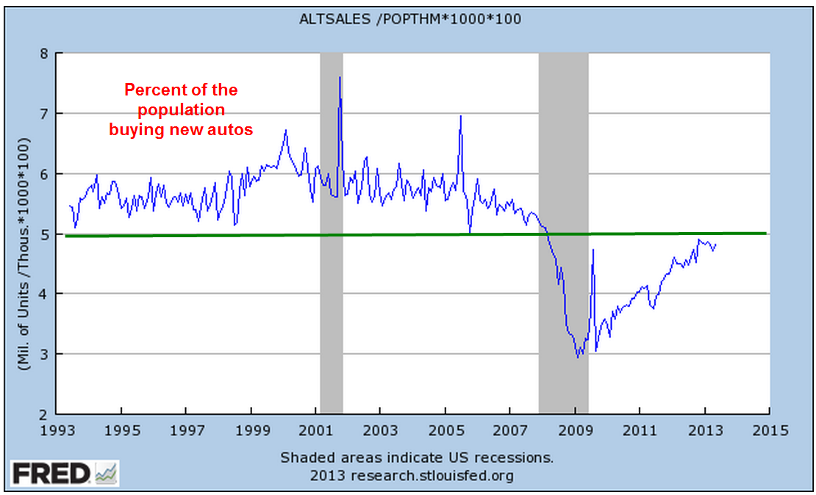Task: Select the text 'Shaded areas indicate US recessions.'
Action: pos(417,458)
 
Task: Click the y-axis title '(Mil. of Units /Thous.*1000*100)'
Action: pos(23,234)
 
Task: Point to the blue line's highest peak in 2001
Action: pos(339,77)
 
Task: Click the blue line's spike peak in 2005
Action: pos(460,116)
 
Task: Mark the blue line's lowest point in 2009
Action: pos(578,357)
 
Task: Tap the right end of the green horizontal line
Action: pos(765,233)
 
